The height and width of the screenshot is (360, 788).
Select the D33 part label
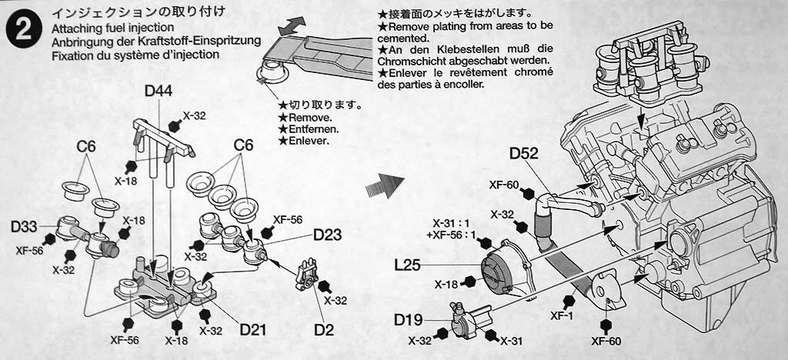click(x=25, y=227)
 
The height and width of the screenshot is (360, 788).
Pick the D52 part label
click(x=524, y=154)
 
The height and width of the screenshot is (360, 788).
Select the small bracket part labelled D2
click(x=309, y=275)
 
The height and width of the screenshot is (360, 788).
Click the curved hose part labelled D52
click(x=554, y=212)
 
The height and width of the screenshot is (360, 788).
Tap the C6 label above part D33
click(x=85, y=145)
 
